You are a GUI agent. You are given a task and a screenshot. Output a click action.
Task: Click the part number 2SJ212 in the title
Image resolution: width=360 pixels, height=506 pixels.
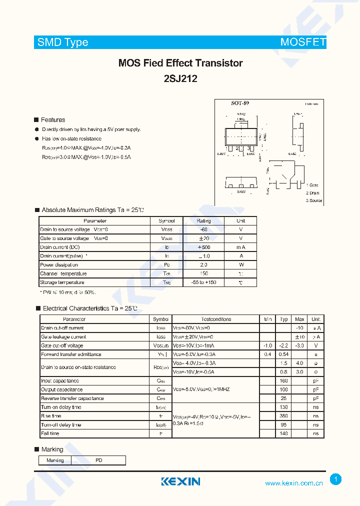click(x=180, y=78)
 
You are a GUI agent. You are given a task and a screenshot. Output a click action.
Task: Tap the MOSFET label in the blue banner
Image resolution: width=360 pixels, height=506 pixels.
click(x=303, y=42)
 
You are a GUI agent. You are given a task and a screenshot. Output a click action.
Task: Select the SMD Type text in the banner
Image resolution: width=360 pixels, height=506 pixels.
click(x=63, y=42)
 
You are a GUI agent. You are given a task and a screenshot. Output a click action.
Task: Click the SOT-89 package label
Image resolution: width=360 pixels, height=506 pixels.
click(x=239, y=103)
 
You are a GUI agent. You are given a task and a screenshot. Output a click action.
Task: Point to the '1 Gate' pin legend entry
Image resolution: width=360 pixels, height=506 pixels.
click(x=312, y=185)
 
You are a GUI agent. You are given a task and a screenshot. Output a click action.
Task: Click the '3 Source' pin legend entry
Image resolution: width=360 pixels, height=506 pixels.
click(x=314, y=200)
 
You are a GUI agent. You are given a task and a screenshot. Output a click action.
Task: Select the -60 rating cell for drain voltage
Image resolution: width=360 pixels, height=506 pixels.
click(x=203, y=229)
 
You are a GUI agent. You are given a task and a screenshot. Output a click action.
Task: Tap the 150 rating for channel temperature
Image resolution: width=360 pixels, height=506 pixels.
click(x=203, y=273)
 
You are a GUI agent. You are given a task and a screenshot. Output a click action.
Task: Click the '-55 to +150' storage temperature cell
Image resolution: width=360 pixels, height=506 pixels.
click(x=203, y=282)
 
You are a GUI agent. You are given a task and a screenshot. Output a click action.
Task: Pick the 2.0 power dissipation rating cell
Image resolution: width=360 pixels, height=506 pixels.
click(x=203, y=264)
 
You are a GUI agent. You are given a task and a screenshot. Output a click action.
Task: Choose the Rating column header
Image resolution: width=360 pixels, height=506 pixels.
click(x=203, y=220)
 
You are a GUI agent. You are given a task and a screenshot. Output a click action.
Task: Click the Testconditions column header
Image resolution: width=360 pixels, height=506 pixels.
click(x=216, y=319)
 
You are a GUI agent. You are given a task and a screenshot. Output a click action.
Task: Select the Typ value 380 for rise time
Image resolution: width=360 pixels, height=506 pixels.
click(x=284, y=416)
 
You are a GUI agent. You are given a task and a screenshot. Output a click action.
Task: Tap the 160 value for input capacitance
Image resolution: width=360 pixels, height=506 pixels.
click(x=284, y=381)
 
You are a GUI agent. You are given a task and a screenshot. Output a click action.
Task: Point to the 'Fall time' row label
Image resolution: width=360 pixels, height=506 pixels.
click(x=50, y=433)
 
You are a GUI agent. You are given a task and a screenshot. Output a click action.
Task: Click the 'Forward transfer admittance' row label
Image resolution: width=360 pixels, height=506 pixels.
click(x=69, y=354)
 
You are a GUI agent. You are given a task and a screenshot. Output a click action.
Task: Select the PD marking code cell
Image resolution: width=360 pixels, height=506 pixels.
click(x=98, y=460)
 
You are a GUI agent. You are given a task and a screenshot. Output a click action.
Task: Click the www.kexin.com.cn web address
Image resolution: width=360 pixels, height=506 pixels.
click(x=293, y=483)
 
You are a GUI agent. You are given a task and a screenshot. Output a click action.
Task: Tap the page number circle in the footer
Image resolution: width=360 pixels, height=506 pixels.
click(x=336, y=479)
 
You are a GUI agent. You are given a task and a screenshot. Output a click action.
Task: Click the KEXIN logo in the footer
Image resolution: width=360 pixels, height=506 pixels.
click(x=180, y=481)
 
